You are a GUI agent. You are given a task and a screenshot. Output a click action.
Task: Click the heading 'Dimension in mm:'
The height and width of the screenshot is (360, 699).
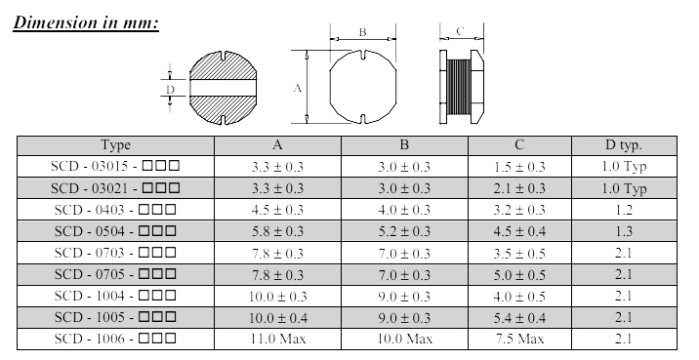[x=86, y=22]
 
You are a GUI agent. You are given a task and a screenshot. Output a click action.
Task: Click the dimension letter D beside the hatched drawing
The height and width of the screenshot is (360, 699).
[x=170, y=90]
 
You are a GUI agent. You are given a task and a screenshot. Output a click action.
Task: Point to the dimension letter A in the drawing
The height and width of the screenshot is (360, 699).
[x=298, y=88]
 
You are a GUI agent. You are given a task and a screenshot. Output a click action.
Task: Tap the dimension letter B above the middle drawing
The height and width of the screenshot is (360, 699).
[x=362, y=32]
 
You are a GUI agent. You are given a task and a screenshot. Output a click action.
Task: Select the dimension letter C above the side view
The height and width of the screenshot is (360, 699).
[x=460, y=31]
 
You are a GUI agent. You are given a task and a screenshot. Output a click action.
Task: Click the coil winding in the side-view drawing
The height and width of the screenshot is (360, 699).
[x=458, y=87]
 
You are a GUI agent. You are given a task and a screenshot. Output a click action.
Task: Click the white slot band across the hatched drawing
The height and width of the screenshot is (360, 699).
[x=223, y=88]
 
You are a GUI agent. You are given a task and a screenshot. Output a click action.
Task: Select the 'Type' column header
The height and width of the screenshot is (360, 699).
[x=115, y=144]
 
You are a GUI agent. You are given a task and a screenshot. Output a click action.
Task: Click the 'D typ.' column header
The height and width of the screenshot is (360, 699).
[x=624, y=144]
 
